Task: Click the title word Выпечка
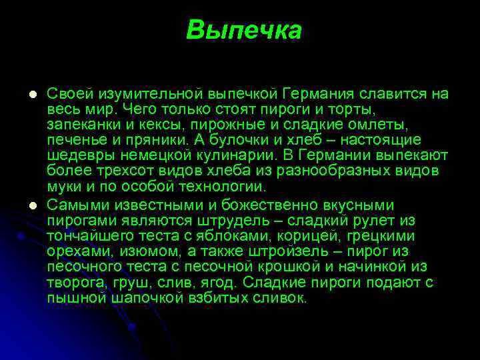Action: point(244,30)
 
